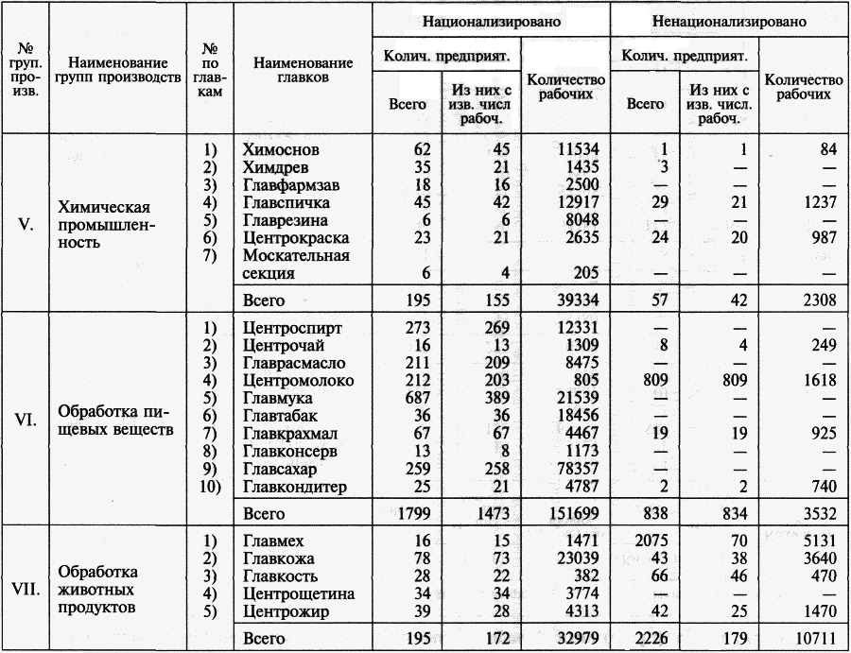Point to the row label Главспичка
[287, 202]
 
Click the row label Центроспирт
[292, 329]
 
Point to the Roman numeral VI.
[26, 417]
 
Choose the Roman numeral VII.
[26, 587]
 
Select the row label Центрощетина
[298, 594]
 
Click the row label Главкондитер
[295, 487]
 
